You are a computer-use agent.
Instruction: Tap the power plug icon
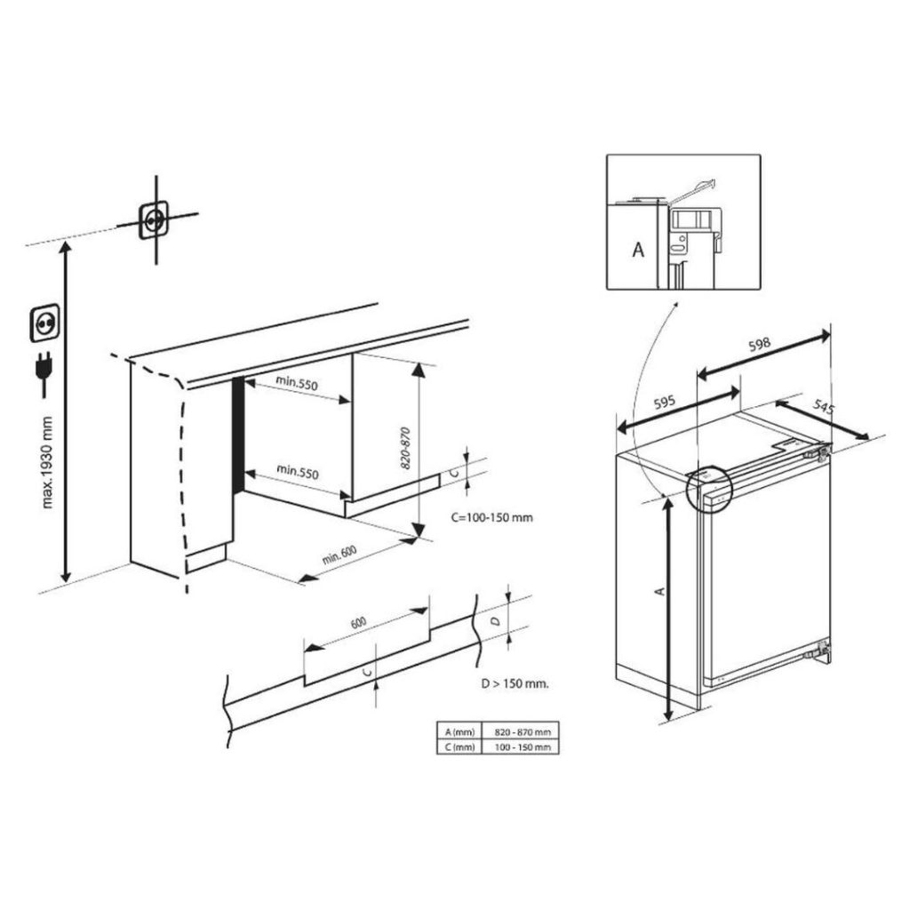(x=43, y=373)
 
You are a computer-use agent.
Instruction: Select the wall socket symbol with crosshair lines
(x=155, y=219)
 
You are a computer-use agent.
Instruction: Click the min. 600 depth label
(x=339, y=555)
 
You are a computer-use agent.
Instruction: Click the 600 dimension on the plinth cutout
(x=358, y=623)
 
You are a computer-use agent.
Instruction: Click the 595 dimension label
(x=665, y=403)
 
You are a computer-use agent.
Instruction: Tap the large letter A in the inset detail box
(x=637, y=251)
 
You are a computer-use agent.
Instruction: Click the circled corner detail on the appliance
(x=707, y=488)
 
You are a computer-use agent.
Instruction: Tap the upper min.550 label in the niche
(x=297, y=383)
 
